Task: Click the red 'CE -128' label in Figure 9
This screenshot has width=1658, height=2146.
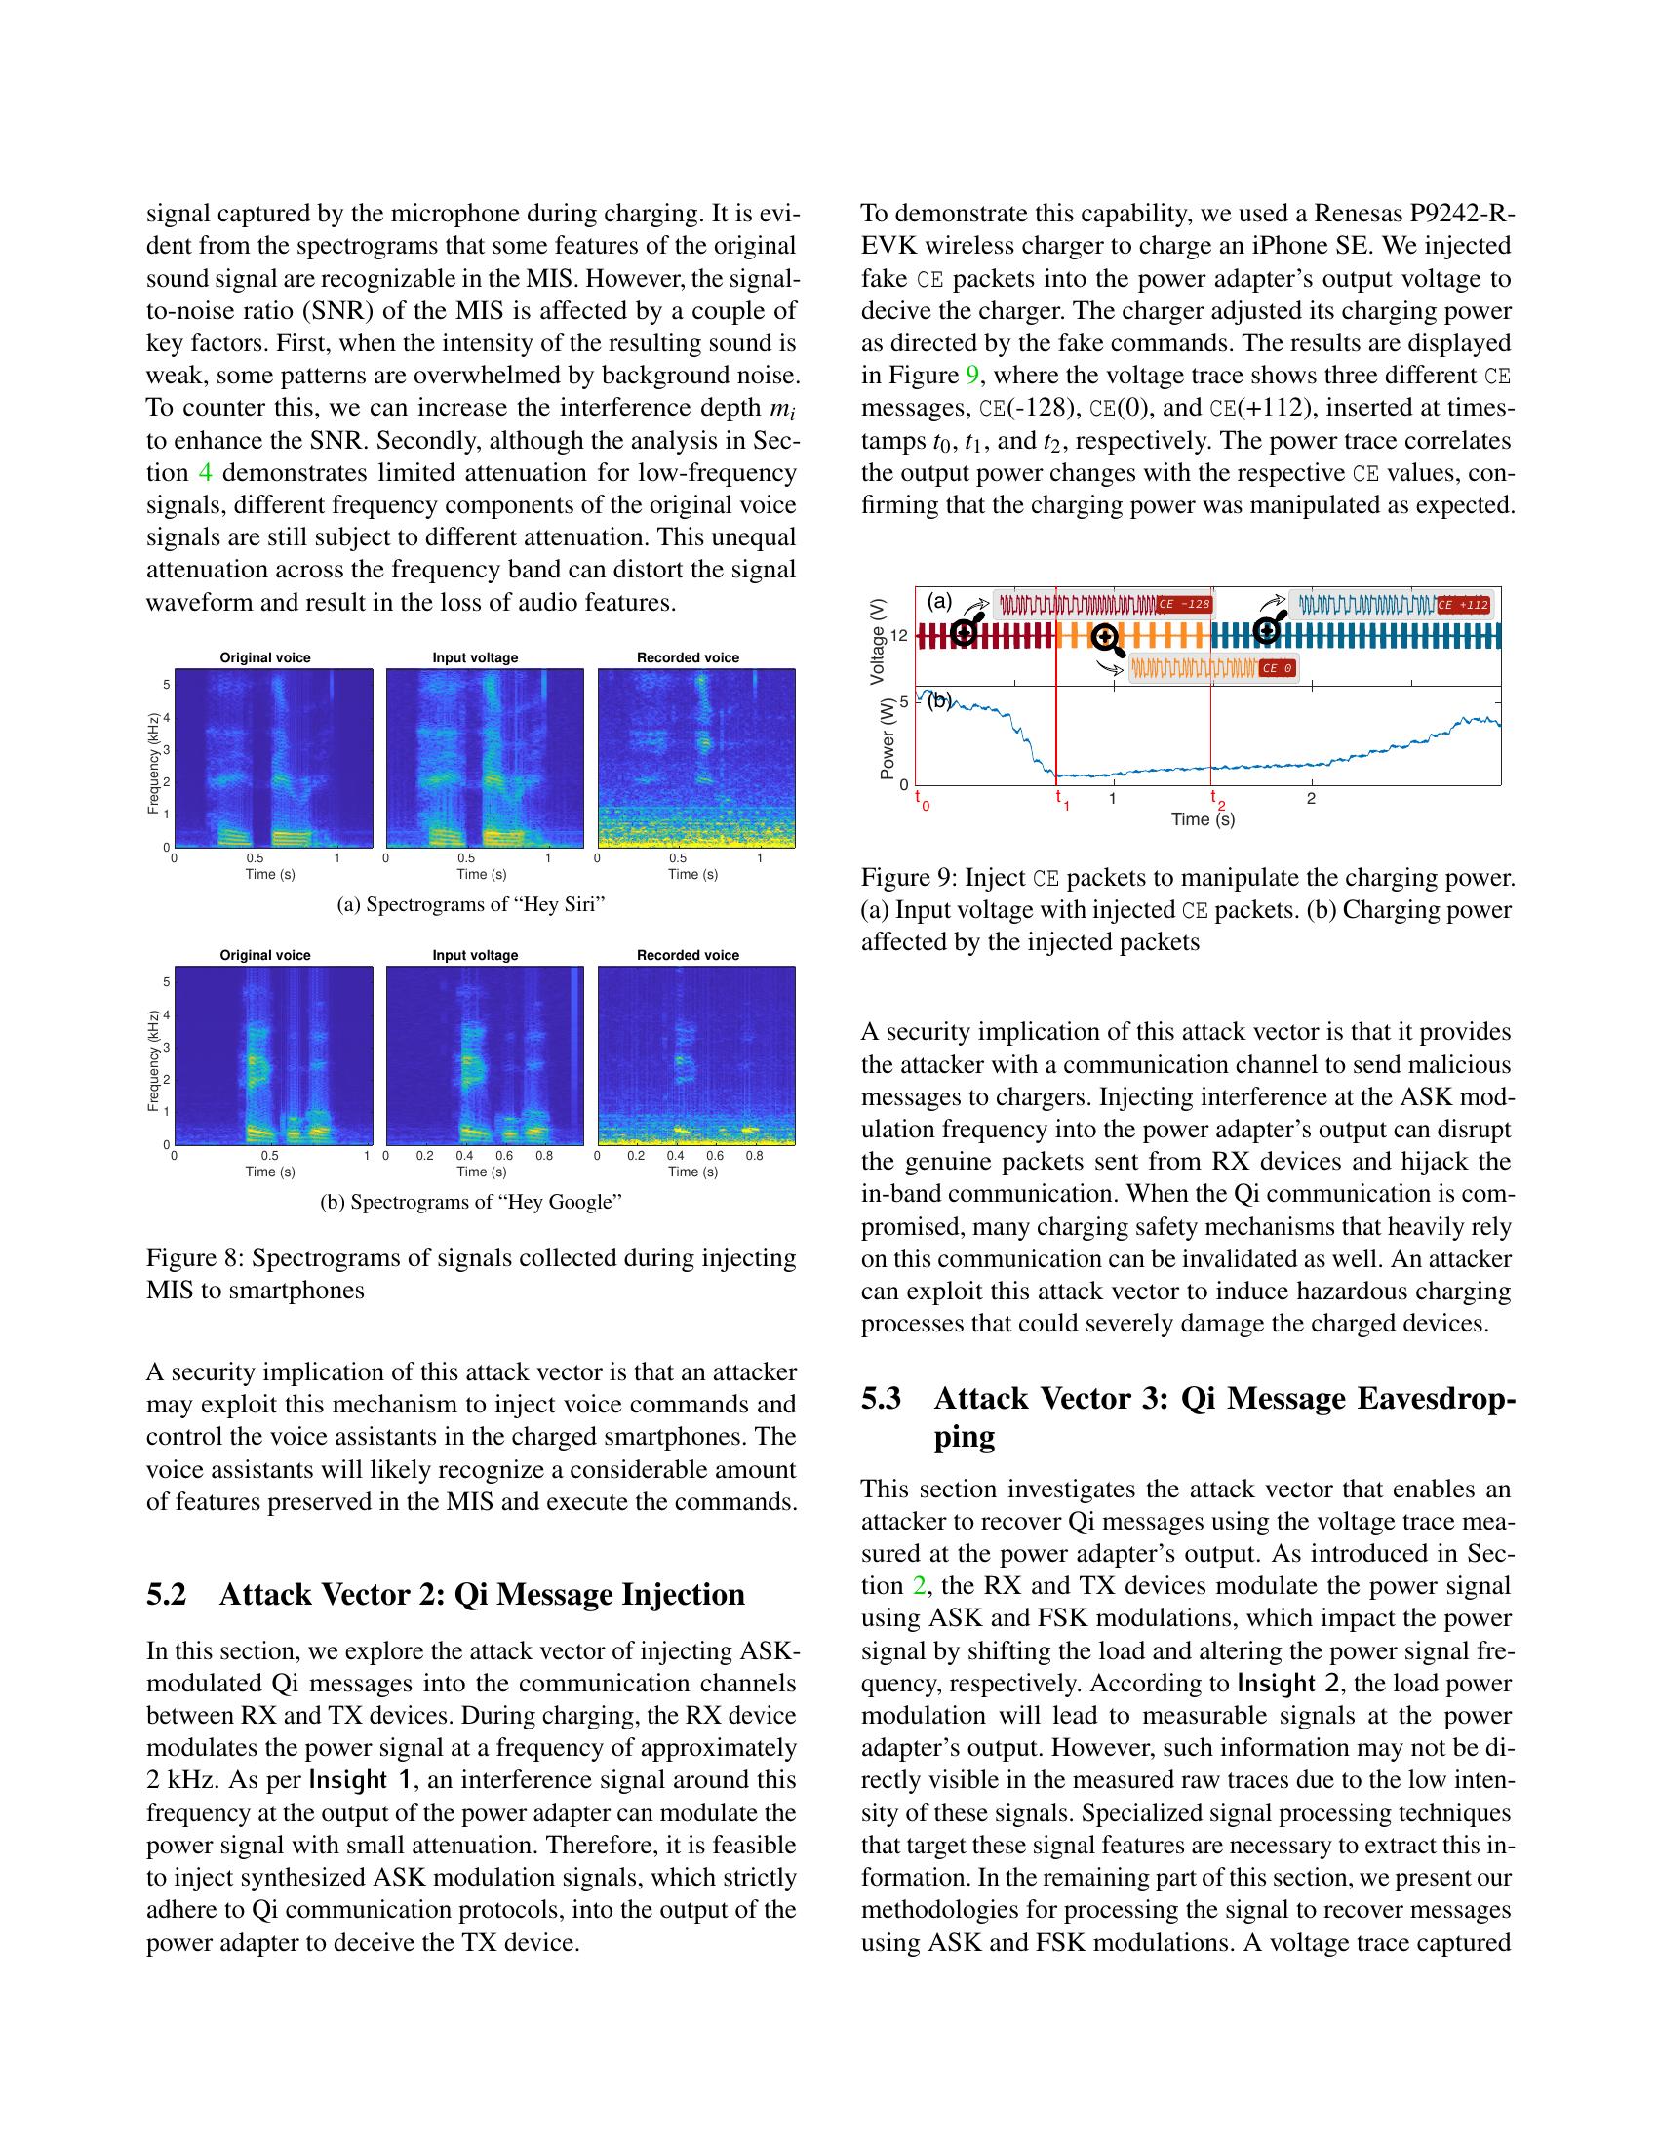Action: click(x=1185, y=603)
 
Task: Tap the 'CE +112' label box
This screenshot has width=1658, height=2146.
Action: click(x=1463, y=606)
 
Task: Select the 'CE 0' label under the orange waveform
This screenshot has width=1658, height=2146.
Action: click(x=1277, y=668)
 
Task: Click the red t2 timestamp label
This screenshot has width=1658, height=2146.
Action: click(x=1217, y=799)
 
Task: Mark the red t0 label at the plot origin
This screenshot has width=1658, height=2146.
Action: click(x=922, y=799)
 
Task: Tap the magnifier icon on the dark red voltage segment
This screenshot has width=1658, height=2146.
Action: click(x=965, y=632)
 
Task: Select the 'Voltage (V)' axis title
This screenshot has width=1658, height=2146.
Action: click(x=878, y=641)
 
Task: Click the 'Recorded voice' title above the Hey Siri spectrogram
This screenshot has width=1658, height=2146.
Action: click(x=688, y=657)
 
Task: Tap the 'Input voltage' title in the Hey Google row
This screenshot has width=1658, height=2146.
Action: click(x=475, y=955)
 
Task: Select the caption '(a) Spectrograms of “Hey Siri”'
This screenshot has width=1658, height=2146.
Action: click(x=470, y=905)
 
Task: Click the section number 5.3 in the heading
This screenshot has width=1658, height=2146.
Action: click(x=881, y=1398)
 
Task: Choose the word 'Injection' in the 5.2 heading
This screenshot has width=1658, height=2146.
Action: click(x=683, y=1594)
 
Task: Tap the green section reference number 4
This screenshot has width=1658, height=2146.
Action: click(x=205, y=473)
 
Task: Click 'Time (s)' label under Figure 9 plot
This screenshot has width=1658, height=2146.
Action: click(x=1203, y=818)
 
